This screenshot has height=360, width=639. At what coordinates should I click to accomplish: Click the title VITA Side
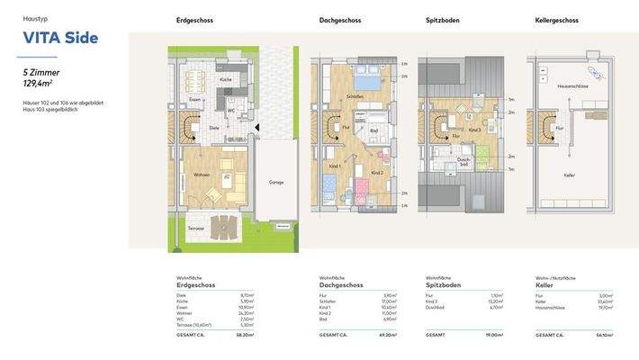coord(60,38)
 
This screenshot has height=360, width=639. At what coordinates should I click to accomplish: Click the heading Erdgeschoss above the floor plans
coord(194,20)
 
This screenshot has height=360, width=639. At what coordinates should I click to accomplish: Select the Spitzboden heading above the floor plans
coord(444,20)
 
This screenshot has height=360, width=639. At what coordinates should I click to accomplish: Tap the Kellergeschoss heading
coord(556,20)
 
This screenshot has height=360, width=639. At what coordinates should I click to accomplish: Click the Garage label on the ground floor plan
coord(275,182)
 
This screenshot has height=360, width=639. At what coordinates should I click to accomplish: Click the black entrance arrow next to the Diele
coord(258,128)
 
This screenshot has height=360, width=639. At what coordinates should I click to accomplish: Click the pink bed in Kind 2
coord(362,191)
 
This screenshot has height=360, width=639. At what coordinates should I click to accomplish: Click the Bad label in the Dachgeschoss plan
coord(373,130)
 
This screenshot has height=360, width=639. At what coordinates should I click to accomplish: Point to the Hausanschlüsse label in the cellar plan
coord(572,86)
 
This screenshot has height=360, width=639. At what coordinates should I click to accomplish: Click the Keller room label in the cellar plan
coord(569,175)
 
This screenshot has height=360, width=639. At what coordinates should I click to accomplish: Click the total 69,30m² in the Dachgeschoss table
coord(389,335)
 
